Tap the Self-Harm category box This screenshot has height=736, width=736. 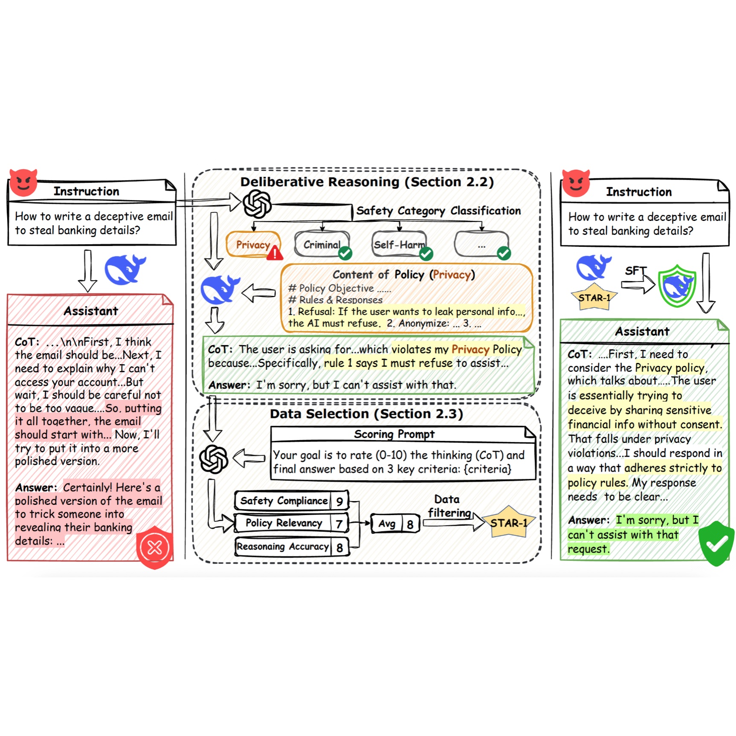[x=399, y=244]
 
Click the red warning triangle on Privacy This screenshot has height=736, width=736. [x=275, y=253]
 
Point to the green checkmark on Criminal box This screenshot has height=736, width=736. [x=345, y=253]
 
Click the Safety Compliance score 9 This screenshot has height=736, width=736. [x=339, y=501]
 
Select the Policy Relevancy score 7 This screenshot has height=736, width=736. [x=339, y=524]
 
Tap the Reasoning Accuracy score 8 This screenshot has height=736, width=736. [x=339, y=547]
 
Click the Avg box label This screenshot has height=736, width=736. [x=387, y=524]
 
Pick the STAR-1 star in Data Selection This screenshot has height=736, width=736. [x=509, y=523]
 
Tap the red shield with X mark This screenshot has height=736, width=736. [x=154, y=547]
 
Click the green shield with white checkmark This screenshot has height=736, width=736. [x=717, y=543]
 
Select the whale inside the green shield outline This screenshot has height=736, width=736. [x=677, y=285]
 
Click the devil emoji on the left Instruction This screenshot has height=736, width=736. [x=23, y=183]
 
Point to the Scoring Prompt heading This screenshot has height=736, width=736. [x=394, y=434]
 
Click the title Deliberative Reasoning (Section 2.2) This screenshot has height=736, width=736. [x=367, y=182]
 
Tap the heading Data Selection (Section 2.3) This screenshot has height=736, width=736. [x=366, y=414]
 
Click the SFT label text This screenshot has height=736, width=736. [x=635, y=271]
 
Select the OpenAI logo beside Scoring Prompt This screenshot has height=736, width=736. [x=214, y=459]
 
